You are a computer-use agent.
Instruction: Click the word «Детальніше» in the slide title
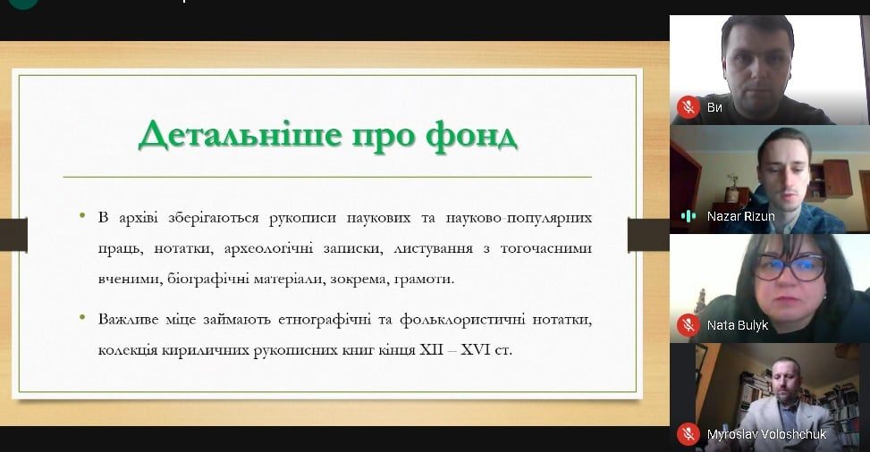(x=240, y=135)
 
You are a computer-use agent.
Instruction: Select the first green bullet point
(x=82, y=215)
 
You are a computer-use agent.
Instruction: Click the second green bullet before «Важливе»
(x=82, y=317)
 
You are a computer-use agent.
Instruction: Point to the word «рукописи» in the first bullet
(x=302, y=218)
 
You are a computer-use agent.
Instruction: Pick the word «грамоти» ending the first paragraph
(x=424, y=279)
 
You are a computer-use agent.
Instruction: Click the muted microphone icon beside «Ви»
(x=688, y=106)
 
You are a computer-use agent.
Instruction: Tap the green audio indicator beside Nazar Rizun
(x=688, y=216)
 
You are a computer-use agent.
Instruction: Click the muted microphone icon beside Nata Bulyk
(x=688, y=325)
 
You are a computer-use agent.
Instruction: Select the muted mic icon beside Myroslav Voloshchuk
(x=688, y=434)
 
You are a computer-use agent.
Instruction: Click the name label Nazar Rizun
(x=740, y=216)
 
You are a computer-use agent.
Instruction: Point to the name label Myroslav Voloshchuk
(x=767, y=434)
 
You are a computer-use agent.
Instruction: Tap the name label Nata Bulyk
(x=738, y=325)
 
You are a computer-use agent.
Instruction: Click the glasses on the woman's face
(x=790, y=267)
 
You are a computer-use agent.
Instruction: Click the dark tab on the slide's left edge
(x=14, y=235)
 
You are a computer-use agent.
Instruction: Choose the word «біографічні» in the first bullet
(x=211, y=279)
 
